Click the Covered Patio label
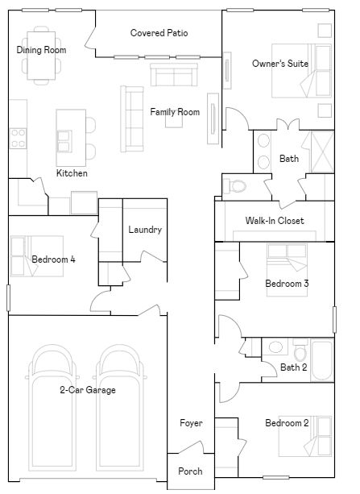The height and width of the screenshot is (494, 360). pyautogui.click(x=159, y=33)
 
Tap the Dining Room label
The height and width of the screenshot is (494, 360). pyautogui.click(x=41, y=50)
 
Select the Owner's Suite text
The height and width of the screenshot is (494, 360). pyautogui.click(x=279, y=64)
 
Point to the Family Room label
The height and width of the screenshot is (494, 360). pyautogui.click(x=175, y=112)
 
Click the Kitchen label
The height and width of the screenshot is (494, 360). pyautogui.click(x=72, y=173)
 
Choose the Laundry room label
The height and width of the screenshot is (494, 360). pyautogui.click(x=145, y=230)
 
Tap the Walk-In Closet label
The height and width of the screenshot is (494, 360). pyautogui.click(x=275, y=221)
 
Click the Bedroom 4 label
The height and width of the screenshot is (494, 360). pyautogui.click(x=53, y=259)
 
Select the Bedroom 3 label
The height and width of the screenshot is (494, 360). pyautogui.click(x=287, y=284)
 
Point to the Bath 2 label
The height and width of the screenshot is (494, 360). pyautogui.click(x=294, y=368)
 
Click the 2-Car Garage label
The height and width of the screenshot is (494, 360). pyautogui.click(x=87, y=390)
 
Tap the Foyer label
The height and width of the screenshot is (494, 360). pyautogui.click(x=191, y=423)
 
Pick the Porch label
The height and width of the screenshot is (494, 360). pyautogui.click(x=190, y=471)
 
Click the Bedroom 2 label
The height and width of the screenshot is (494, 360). pyautogui.click(x=287, y=423)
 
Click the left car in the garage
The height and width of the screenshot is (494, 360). pyautogui.click(x=52, y=407)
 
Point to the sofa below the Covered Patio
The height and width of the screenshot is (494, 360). pyautogui.click(x=174, y=76)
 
